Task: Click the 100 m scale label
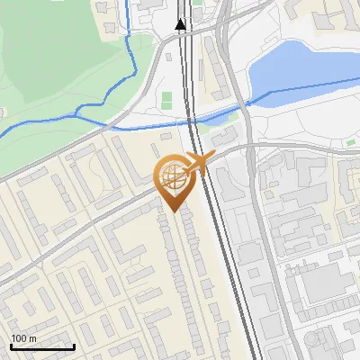(x=23, y=338)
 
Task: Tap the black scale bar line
(x=42, y=346)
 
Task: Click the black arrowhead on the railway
(x=181, y=24)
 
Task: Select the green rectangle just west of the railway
(x=166, y=100)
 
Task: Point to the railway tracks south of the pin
(x=229, y=270)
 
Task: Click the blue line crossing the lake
(x=306, y=87)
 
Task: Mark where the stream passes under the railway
(x=191, y=118)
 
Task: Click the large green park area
(x=54, y=63)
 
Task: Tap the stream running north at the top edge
(x=128, y=13)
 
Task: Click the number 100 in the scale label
(x=19, y=338)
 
